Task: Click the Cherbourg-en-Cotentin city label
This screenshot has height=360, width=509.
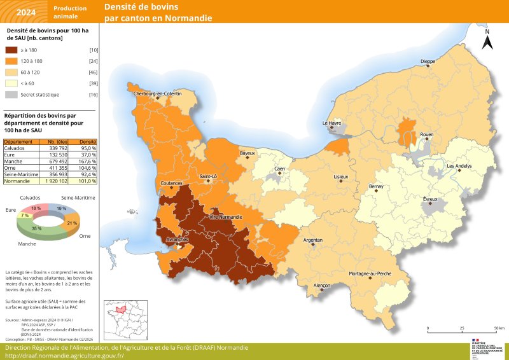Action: (157, 93)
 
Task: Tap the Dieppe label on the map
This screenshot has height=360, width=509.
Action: (428, 62)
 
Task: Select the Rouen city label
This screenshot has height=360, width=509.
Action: (426, 135)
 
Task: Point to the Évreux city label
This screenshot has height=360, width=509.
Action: (431, 199)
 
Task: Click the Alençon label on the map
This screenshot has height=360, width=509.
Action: (322, 286)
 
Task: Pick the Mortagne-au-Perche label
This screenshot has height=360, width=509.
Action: (388, 273)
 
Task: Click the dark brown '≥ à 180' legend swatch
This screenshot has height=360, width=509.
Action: (11, 50)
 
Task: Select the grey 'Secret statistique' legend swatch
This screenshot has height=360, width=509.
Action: (11, 94)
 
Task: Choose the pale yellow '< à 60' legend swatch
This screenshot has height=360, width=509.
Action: (11, 83)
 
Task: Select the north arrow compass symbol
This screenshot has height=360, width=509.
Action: (487, 41)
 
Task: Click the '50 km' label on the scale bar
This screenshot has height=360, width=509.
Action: (498, 328)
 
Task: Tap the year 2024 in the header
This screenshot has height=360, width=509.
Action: (26, 12)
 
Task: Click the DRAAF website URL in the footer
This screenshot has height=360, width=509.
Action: (64, 356)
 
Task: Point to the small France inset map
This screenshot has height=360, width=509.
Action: (125, 319)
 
